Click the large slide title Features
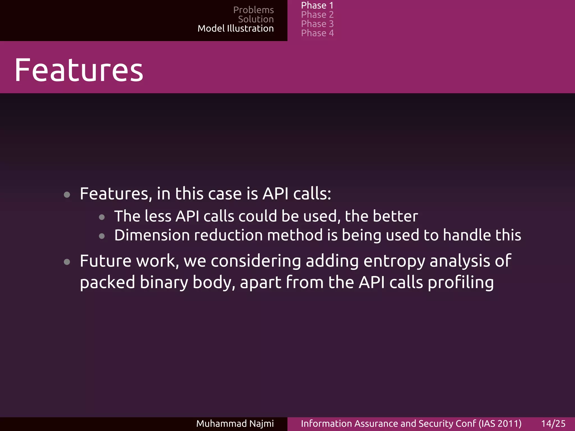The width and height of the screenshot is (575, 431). coord(79,70)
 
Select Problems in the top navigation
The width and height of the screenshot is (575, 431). coord(253,10)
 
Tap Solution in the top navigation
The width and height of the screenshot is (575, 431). coord(255,19)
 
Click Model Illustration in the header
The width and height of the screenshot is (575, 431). coord(235,28)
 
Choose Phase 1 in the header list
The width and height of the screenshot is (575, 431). coord(317,5)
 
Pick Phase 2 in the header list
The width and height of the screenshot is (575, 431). coord(317,15)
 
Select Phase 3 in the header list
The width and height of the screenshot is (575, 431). coord(317,24)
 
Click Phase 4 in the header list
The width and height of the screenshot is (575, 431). coord(317,33)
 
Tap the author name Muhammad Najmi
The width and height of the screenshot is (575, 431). coord(235,423)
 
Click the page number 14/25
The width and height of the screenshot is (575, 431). coord(553,423)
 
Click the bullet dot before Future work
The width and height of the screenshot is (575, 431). coord(67,262)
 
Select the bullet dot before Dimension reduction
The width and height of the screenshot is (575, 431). coord(102,236)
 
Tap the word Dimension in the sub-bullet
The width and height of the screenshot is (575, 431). coord(152,235)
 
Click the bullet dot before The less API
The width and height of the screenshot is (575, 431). coord(102,217)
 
